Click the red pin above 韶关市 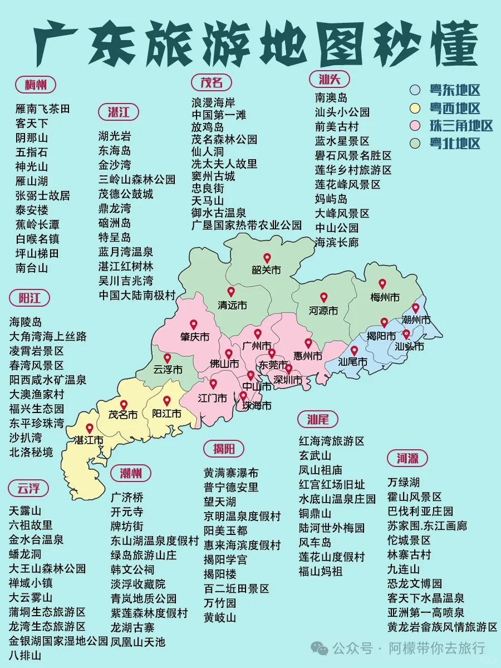267,258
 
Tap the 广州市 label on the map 257,345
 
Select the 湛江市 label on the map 89,440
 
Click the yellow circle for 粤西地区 415,108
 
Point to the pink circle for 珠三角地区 415,126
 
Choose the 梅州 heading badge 36,85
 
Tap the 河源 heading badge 407,459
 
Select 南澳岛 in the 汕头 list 331,97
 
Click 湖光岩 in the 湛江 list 115,136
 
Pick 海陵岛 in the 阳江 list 26,322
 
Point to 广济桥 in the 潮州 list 127,497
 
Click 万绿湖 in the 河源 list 404,482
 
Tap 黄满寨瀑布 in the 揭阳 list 231,473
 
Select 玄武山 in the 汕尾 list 315,455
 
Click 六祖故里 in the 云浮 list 31,525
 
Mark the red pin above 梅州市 382,284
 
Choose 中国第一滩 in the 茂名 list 219,115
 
